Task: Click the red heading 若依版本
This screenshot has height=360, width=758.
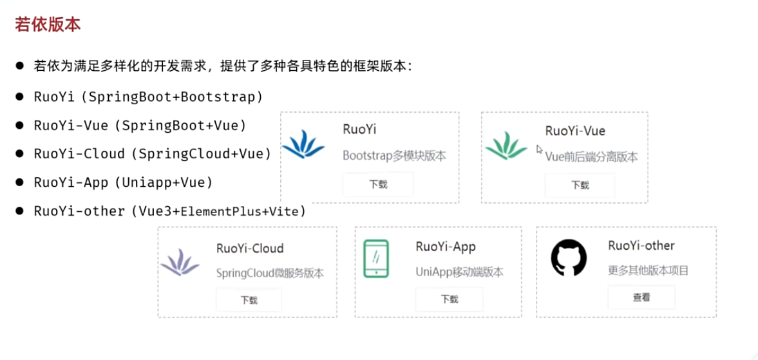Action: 48,25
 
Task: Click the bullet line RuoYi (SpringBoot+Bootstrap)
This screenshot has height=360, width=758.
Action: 148,97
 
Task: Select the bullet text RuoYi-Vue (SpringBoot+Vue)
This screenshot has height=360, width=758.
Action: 140,125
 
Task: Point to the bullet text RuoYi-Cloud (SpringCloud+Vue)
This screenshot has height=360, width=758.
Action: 153,153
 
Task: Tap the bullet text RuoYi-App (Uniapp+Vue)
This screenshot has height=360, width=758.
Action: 123,182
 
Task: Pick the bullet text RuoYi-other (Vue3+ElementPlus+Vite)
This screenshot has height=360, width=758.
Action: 170,211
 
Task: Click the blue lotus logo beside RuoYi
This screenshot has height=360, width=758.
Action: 303,145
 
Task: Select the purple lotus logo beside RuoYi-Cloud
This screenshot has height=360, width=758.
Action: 180,262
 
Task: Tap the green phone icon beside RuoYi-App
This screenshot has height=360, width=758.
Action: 376,259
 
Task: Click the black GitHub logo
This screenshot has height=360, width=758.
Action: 569,258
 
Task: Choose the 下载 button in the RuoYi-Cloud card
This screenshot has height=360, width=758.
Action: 249,300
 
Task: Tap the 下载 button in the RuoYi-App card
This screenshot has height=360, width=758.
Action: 450,299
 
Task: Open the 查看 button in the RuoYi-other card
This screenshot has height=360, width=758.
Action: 641,298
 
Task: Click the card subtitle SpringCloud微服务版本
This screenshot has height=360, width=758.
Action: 270,273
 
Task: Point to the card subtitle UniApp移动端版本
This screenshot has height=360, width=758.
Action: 459,272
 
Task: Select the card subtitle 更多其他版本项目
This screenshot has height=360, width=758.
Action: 648,270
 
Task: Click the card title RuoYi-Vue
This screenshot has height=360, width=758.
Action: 575,131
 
